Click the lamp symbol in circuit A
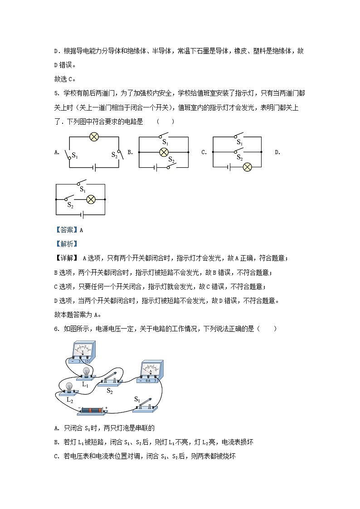(94, 136)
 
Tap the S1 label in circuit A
(75, 157)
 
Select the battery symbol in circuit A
(94, 167)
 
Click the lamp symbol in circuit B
(164, 153)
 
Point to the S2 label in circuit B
(171, 160)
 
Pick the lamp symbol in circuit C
(247, 167)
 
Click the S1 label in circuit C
(240, 143)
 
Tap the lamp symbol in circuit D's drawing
(91, 199)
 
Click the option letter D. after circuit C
(277, 152)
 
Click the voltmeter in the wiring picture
(83, 352)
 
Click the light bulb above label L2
(69, 387)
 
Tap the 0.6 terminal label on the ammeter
(147, 380)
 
